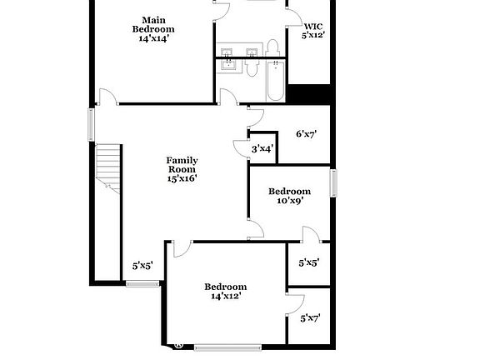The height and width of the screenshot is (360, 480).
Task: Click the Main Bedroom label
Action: click(152, 24)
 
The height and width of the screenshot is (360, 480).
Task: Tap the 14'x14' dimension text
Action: click(152, 38)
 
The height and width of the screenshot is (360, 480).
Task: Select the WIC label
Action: click(313, 26)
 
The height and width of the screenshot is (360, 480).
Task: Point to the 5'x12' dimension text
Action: click(313, 35)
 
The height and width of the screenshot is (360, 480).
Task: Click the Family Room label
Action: click(182, 164)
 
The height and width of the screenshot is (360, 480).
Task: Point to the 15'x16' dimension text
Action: click(182, 177)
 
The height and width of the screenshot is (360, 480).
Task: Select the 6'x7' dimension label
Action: click(307, 133)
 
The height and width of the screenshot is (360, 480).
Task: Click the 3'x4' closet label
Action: click(262, 149)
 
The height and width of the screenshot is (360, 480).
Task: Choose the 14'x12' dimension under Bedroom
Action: click(226, 297)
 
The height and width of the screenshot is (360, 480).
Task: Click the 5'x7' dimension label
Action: click(309, 317)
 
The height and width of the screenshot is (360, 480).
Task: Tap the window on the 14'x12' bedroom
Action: click(227, 346)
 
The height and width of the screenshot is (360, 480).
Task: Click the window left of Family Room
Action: click(92, 124)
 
